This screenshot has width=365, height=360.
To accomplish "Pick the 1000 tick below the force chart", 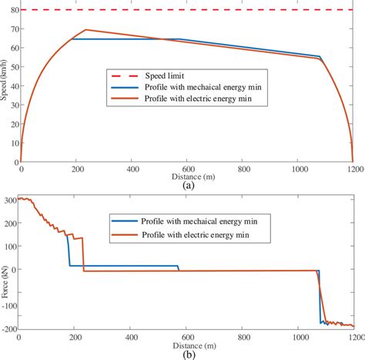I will [300, 338].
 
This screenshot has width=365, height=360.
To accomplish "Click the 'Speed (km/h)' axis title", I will [5, 85].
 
